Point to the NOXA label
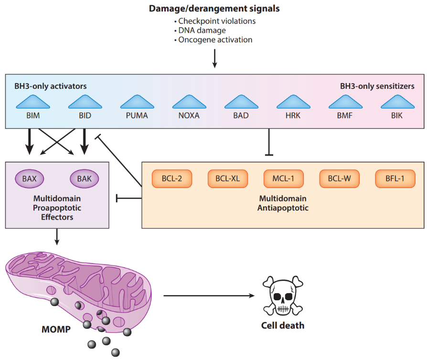tap(190, 116)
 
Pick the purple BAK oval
tap(84, 179)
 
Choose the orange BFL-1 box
tap(395, 179)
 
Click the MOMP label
tap(56, 329)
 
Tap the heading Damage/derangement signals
tap(214, 9)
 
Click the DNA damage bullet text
tap(202, 31)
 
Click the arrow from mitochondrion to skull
tap(208, 296)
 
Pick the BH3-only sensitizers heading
tap(377, 86)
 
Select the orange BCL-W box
tap(339, 179)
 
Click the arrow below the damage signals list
tap(214, 58)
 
